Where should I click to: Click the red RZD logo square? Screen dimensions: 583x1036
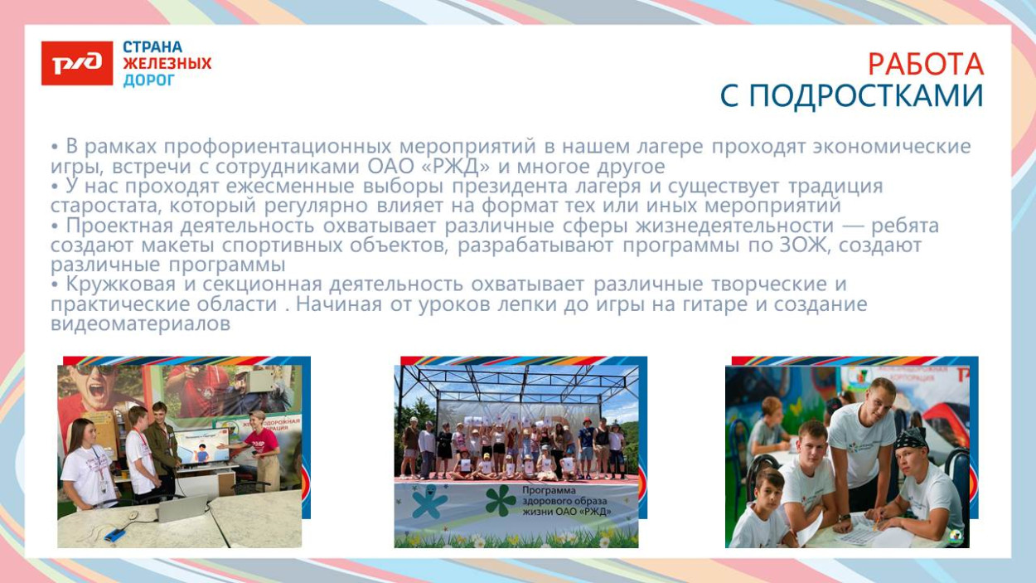point(77,64)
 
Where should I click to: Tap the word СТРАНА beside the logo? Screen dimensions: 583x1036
point(152,47)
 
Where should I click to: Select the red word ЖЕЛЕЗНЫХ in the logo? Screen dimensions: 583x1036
point(167,64)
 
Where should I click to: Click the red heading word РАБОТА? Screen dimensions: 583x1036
point(925,64)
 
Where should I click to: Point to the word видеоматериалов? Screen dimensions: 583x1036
point(140,324)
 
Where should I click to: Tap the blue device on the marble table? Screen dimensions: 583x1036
point(114,535)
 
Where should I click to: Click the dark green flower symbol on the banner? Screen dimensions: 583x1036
point(500,499)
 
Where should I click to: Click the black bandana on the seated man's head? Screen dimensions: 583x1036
point(911,437)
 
